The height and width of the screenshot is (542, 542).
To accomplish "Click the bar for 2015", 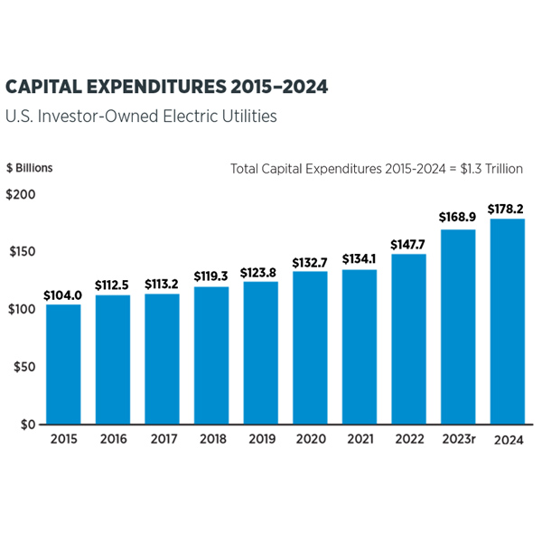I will (x=64, y=364).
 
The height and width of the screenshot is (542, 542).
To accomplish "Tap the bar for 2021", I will (x=359, y=347).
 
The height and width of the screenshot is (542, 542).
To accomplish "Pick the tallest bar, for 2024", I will (x=506, y=322).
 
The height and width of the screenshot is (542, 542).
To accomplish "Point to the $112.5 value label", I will (x=113, y=282).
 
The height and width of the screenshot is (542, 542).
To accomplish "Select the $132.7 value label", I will (x=310, y=263).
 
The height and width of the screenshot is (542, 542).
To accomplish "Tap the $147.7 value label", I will (x=408, y=244).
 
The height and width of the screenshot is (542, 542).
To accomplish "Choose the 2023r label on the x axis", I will (x=458, y=440).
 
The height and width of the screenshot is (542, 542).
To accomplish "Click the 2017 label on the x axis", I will (x=162, y=440).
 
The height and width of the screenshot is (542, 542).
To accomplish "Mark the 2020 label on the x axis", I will (x=310, y=440).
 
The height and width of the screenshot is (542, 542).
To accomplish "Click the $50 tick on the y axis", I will (x=23, y=367).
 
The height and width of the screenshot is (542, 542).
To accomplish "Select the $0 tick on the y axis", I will (x=27, y=425).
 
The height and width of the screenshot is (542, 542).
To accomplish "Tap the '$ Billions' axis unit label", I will (x=30, y=168).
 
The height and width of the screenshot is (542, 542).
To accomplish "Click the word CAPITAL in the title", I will (x=44, y=87).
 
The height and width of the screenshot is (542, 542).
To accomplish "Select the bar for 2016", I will (x=113, y=360).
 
